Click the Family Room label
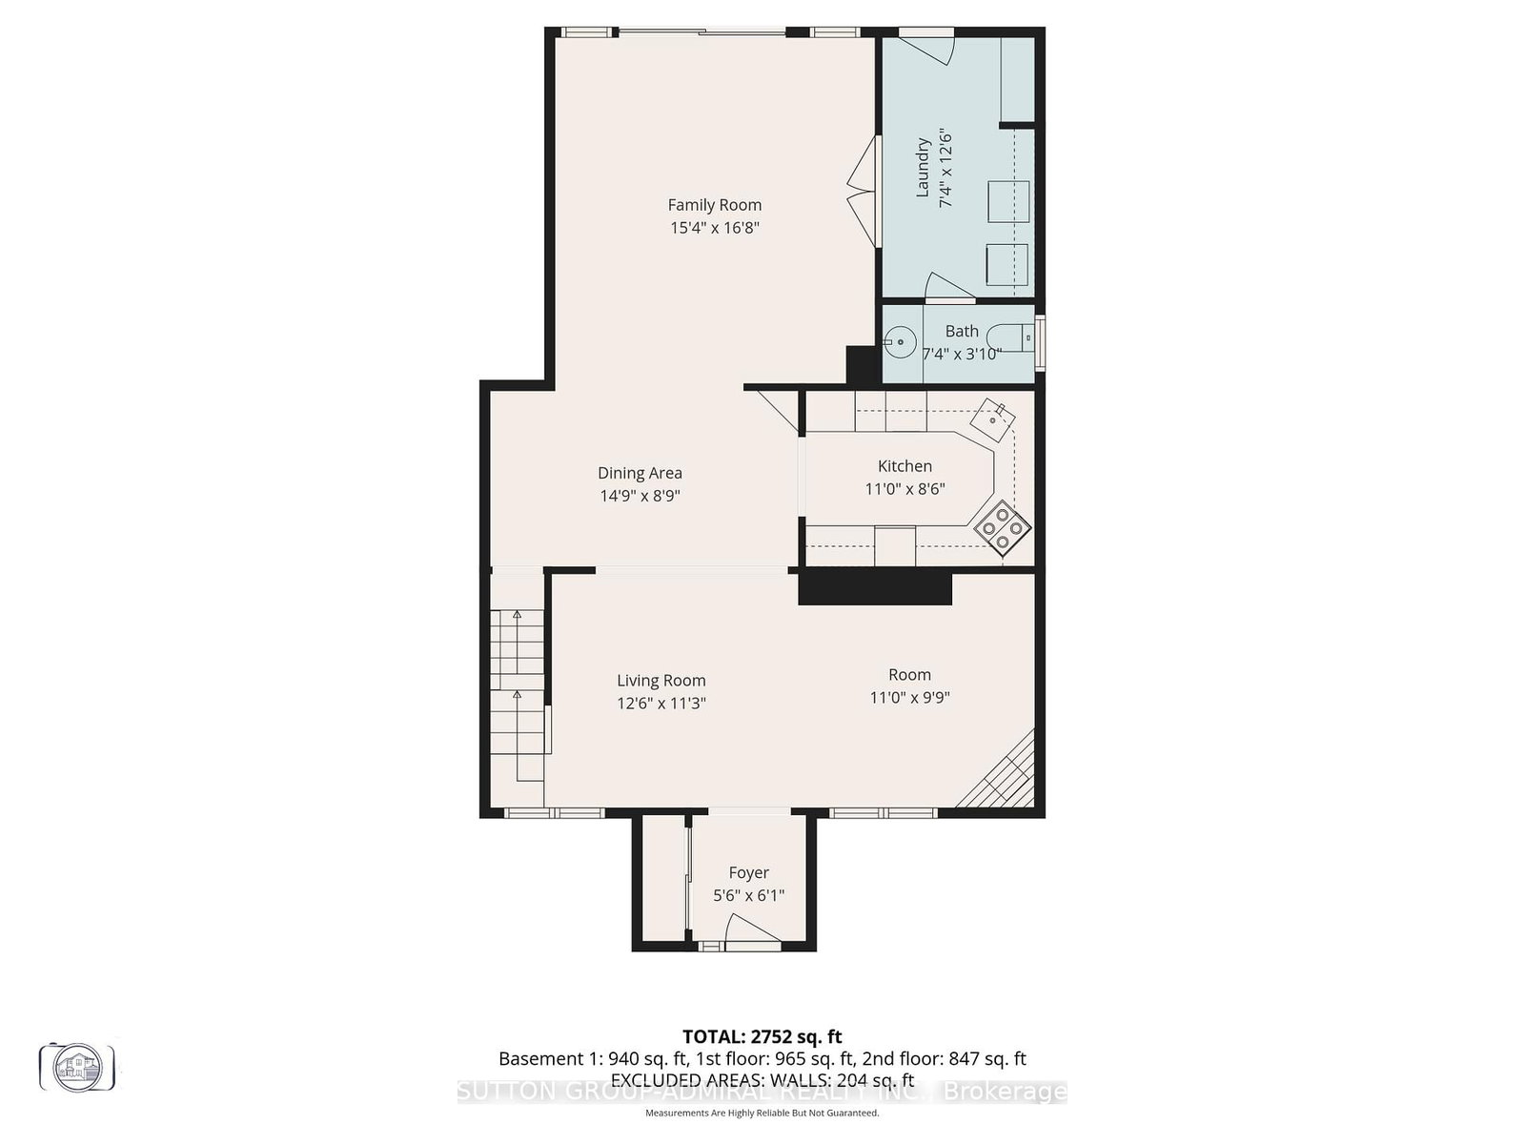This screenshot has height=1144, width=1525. tap(714, 204)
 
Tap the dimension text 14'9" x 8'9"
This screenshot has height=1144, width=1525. tap(640, 496)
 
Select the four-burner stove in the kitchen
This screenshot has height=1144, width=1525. tap(1004, 527)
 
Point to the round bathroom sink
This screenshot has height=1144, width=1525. tap(900, 340)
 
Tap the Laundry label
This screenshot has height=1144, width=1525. tap(922, 168)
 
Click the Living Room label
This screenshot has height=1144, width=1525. tap(661, 680)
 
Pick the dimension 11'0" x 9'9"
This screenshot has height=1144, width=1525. tap(909, 697)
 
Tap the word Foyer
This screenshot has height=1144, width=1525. tap(748, 872)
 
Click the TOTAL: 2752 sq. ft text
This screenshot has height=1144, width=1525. tap(762, 1036)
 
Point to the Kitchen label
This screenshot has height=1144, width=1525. tap(905, 465)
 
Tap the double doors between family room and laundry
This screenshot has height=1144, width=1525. tap(864, 191)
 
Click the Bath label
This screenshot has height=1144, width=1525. tap(961, 331)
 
